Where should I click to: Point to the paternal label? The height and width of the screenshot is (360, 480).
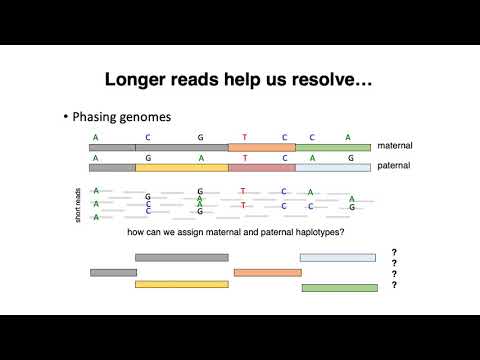[394, 167]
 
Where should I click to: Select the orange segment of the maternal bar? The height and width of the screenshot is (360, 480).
[262, 147]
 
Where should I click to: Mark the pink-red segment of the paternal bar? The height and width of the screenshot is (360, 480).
[262, 167]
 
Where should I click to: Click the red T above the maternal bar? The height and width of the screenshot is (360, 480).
[244, 137]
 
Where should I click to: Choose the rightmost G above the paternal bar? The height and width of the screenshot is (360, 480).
[350, 158]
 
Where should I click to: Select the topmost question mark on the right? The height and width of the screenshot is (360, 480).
[394, 252]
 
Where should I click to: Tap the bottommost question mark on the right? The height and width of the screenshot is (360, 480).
[394, 285]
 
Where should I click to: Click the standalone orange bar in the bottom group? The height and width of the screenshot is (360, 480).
[267, 272]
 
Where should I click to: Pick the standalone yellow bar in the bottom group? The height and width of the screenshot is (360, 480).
[182, 284]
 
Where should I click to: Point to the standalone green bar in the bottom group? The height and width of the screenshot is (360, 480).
[339, 288]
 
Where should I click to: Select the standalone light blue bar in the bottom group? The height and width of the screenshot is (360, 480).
[337, 257]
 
